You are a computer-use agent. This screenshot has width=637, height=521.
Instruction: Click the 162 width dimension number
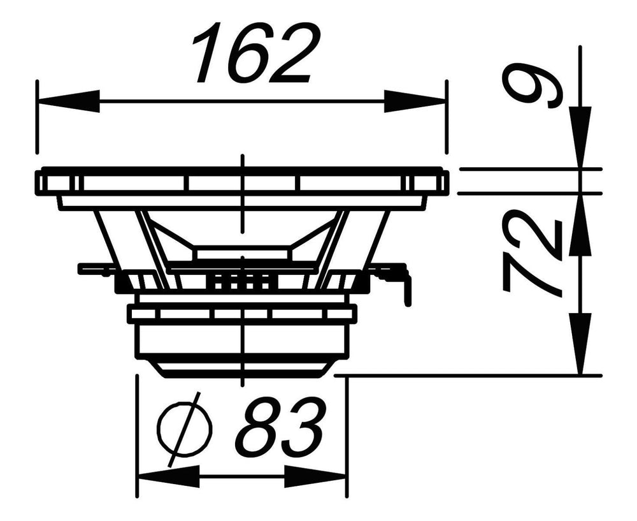tap(257, 53)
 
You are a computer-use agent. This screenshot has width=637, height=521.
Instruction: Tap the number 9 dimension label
tap(531, 85)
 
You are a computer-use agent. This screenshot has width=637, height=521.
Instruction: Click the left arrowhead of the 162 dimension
tap(68, 101)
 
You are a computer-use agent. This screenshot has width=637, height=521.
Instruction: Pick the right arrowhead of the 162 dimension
tap(415, 101)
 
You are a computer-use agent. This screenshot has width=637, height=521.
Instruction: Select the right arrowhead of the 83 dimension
tap(315, 476)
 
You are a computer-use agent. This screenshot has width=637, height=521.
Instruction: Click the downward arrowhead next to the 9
tap(580, 136)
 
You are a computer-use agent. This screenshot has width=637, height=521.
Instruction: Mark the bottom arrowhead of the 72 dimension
tap(580, 343)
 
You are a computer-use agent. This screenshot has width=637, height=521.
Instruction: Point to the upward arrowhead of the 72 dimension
tap(580, 224)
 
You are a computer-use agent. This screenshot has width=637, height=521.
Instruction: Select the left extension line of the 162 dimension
tap(37, 117)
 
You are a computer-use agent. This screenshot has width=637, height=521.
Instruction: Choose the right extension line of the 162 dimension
tap(447, 117)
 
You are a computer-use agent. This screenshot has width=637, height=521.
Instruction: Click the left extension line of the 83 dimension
tap(138, 436)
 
